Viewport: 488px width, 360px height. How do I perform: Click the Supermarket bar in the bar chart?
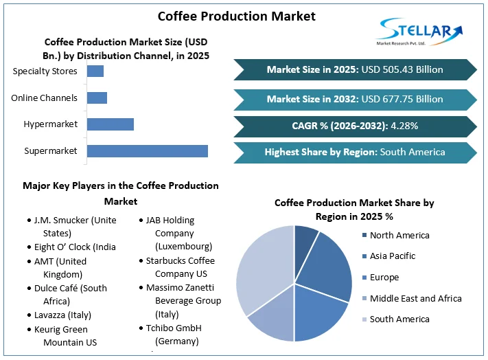tap(147, 151)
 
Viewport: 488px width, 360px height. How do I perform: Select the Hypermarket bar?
tap(110, 124)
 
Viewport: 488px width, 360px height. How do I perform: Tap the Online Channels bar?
tap(97, 98)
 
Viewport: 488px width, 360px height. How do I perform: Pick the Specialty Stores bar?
tap(95, 71)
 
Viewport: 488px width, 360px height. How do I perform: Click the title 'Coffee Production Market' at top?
tap(237, 16)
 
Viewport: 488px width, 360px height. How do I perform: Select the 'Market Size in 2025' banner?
tap(355, 69)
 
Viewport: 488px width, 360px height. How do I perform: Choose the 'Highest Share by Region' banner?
tap(355, 152)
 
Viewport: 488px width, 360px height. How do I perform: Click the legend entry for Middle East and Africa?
tap(415, 298)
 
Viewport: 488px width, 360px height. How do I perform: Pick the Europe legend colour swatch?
tap(363, 278)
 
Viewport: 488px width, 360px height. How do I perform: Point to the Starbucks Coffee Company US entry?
tap(180, 267)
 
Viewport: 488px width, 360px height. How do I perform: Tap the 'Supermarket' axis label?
tap(51, 151)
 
